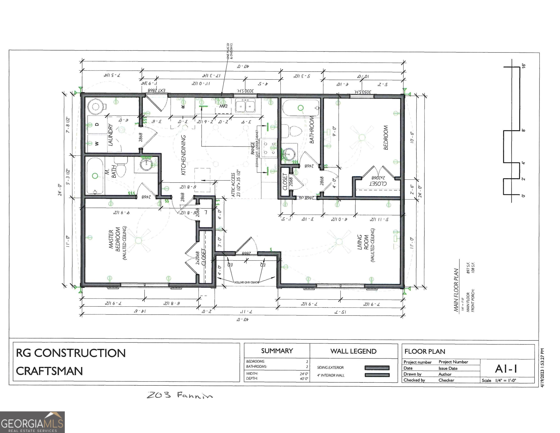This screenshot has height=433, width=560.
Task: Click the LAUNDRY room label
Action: coord(110,135)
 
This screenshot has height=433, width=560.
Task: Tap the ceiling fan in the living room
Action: coord(339,241)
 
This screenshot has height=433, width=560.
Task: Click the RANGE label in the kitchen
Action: coord(253,148)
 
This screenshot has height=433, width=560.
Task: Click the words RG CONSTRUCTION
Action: coord(71,353)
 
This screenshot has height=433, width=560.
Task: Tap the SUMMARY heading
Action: coord(277,351)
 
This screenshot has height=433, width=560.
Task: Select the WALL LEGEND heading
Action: coord(353,351)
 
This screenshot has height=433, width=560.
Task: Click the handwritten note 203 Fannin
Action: coord(180,395)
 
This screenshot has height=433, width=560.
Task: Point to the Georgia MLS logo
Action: coord(32,422)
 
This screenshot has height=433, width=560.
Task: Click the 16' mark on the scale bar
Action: coord(524,65)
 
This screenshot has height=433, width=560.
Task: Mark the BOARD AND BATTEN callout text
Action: coord(246,282)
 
